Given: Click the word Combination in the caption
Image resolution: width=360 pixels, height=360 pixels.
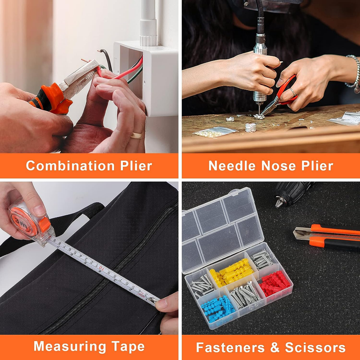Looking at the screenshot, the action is coord(70,166).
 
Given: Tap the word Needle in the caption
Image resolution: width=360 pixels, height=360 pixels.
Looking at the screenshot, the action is coord(232,166).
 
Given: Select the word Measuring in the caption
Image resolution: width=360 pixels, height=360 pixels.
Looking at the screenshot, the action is coord(70,346).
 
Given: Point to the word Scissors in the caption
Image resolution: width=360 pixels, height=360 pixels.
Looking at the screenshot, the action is coord(315,347).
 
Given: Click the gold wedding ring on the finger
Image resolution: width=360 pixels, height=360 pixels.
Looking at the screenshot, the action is coord(137,135).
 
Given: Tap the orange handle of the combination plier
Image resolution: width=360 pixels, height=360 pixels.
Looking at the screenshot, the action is coord(52,99).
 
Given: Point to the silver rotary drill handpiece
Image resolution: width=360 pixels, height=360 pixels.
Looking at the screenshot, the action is coord(260,69).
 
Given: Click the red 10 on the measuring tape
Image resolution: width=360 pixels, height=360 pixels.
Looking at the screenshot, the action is coord(101,268).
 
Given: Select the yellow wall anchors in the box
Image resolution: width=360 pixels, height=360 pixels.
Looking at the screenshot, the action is coord(231,273).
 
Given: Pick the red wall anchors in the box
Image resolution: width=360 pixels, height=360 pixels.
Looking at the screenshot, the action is coord(275,283).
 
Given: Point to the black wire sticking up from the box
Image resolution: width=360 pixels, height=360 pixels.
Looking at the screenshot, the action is coord(107,58).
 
